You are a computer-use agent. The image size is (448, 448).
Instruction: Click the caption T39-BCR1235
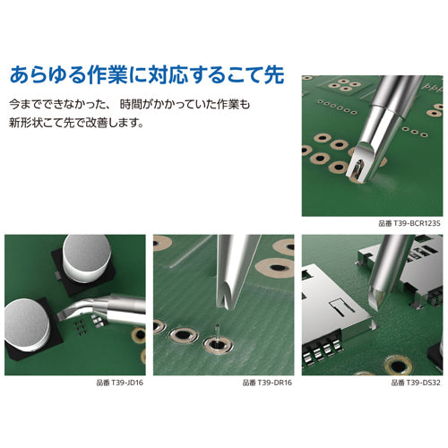(409, 224)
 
